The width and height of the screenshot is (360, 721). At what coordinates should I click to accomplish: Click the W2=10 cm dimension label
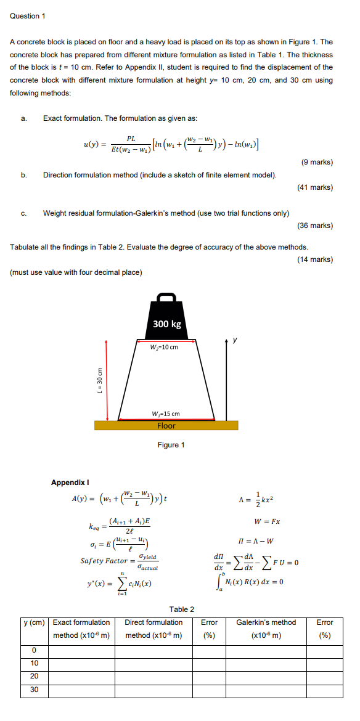point(164,346)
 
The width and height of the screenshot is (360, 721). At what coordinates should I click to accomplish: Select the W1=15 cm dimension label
point(166,413)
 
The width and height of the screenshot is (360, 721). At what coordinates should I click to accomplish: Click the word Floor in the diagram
point(166,426)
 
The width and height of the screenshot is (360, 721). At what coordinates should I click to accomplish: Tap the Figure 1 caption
point(171,445)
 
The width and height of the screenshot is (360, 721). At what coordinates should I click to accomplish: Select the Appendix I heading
point(70,483)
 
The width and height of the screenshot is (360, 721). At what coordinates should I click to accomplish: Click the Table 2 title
point(182,609)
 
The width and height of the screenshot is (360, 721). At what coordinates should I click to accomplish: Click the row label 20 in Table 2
point(35,677)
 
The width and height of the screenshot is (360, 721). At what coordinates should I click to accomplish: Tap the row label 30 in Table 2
point(35,690)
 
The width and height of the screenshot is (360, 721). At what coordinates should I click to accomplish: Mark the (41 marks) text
point(314,187)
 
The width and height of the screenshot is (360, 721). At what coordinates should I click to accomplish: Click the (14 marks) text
point(314,259)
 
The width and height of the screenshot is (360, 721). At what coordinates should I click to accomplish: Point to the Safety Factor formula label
point(104,561)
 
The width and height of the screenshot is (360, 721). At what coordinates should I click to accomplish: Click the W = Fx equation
point(267,521)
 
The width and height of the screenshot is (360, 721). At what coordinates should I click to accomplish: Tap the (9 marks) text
point(317,162)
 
